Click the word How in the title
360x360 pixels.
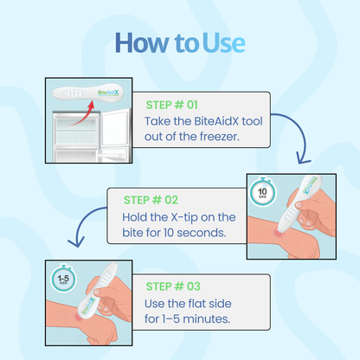(x=139, y=42)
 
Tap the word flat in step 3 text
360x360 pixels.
(x=211, y=304)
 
